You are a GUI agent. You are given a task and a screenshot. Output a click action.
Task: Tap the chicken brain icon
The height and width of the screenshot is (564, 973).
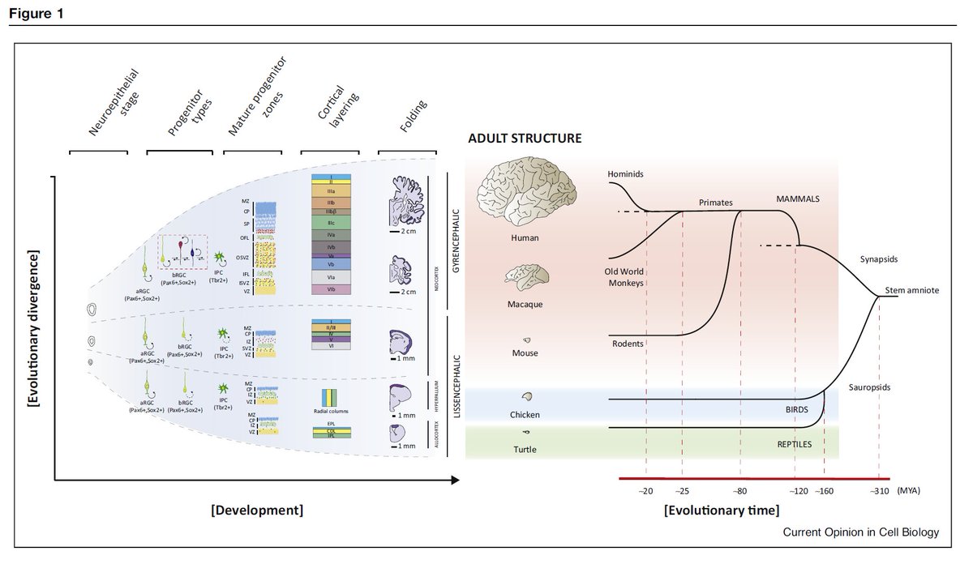[x=526, y=397]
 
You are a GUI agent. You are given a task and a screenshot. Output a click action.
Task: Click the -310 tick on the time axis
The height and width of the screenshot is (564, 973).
[x=879, y=490]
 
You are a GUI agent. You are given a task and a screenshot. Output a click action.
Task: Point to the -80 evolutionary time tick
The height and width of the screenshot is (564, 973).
[x=740, y=490]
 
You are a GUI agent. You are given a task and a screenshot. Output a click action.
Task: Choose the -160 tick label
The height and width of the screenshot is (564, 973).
[x=825, y=490]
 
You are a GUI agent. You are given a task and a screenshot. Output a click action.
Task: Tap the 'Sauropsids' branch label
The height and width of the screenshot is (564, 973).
[x=869, y=388]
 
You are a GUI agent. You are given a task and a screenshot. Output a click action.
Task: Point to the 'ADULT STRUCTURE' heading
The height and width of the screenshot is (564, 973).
[x=525, y=139]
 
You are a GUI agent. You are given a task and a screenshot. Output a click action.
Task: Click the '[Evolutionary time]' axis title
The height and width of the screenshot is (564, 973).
[x=721, y=511]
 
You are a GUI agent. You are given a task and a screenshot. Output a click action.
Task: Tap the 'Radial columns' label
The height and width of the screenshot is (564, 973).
[x=332, y=411]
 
